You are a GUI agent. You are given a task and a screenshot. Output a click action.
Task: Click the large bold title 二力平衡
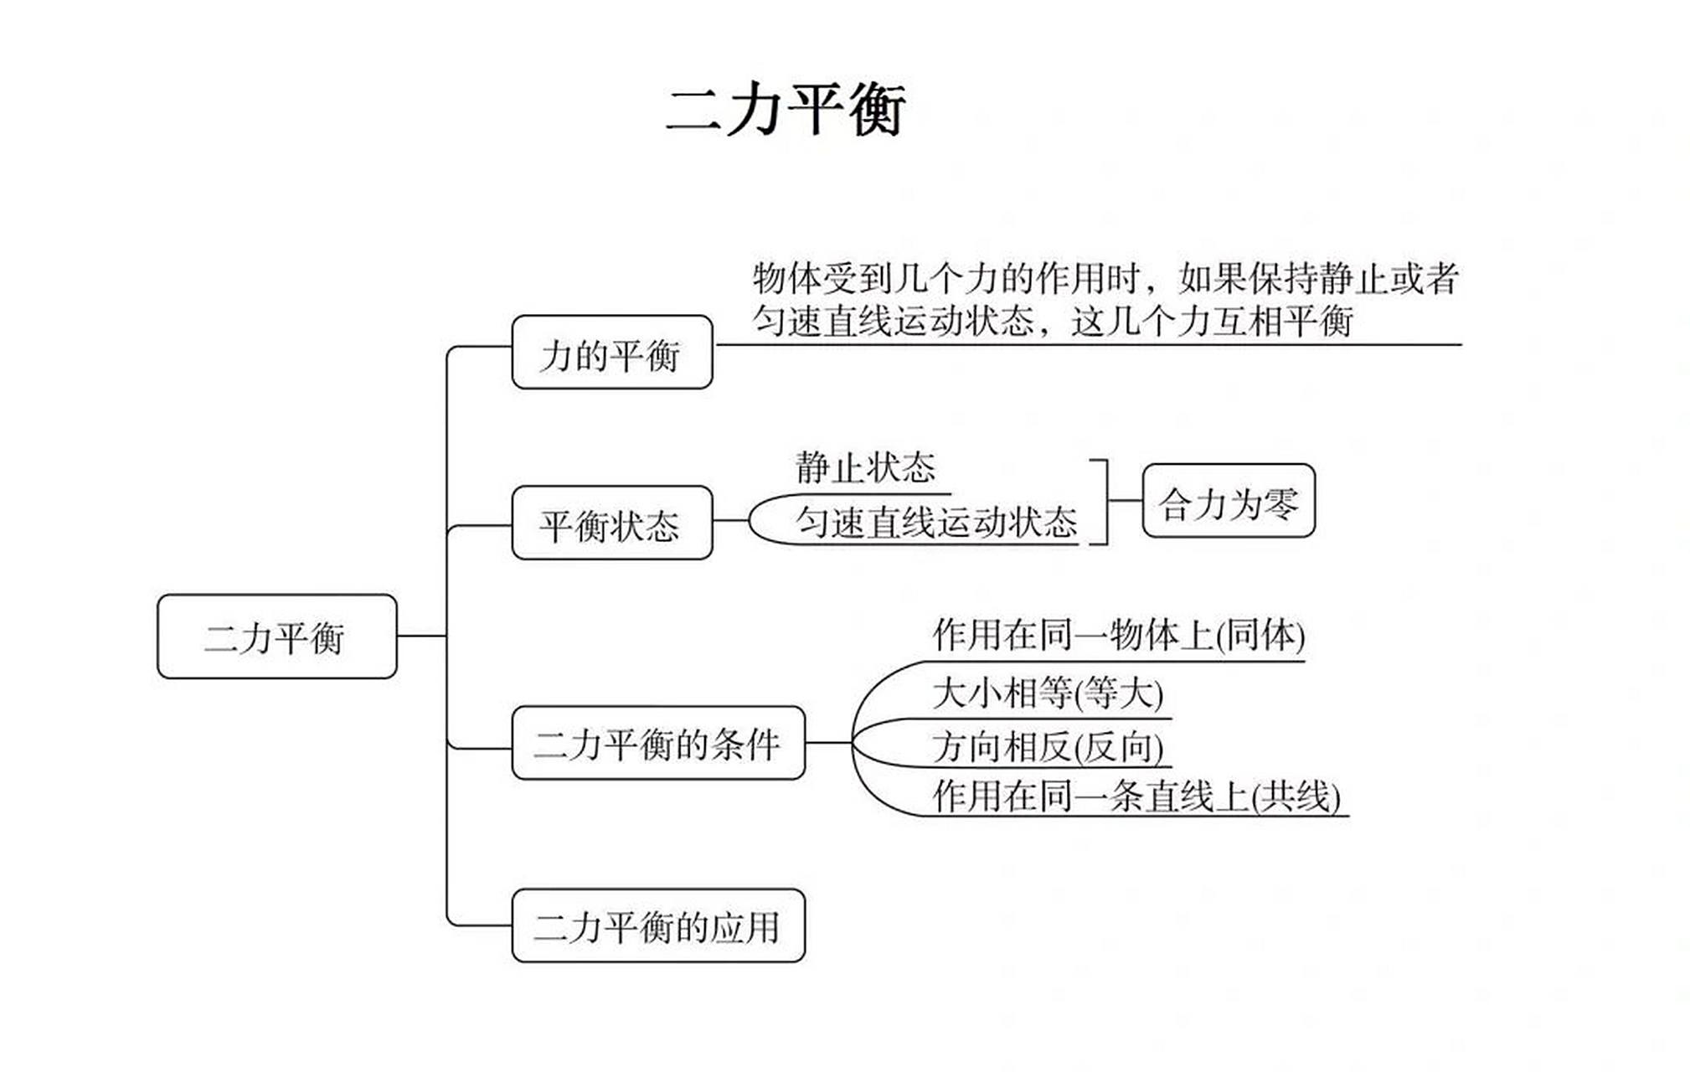tap(785, 110)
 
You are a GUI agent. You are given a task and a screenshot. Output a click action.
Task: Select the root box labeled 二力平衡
tap(276, 636)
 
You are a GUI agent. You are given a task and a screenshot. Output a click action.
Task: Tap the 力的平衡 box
tap(611, 353)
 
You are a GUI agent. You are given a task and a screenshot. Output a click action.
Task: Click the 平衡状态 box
tap(611, 523)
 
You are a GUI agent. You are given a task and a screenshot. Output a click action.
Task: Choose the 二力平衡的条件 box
tap(657, 743)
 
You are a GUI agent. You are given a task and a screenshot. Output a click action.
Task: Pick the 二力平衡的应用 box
tap(657, 925)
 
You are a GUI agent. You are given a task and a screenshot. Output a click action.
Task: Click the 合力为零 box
tap(1228, 501)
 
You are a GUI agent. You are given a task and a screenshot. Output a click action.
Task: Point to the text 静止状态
tap(864, 467)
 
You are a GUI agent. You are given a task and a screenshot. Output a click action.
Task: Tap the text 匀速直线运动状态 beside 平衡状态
tap(935, 522)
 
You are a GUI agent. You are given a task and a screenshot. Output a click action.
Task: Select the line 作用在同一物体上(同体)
tap(1118, 635)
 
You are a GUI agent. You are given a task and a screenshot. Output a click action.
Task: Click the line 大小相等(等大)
tap(1047, 693)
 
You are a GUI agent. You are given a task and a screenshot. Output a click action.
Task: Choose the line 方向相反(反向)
tap(1047, 746)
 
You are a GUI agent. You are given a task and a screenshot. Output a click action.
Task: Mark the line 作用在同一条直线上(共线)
tap(1136, 796)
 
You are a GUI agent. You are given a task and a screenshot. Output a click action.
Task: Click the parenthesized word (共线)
tap(1296, 796)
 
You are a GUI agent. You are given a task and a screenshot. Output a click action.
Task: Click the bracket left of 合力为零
tap(1105, 502)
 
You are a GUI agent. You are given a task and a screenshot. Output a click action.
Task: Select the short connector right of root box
tap(421, 636)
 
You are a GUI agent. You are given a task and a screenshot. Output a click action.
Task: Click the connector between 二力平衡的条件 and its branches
tap(827, 743)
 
